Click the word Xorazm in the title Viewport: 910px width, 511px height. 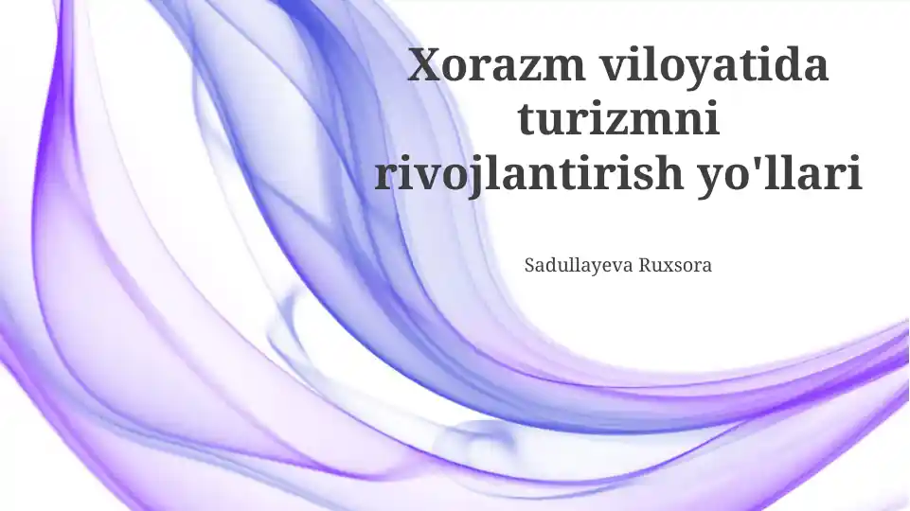click(x=496, y=65)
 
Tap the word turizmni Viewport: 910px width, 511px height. click(x=618, y=118)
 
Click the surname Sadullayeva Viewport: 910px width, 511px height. click(x=579, y=266)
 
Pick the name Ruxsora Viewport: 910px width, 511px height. click(x=675, y=265)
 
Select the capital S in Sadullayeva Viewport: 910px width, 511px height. click(x=529, y=265)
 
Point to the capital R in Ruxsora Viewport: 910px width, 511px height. click(x=646, y=265)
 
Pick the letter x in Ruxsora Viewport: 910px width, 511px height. click(x=668, y=268)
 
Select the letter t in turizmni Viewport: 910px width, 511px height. click(x=527, y=119)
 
